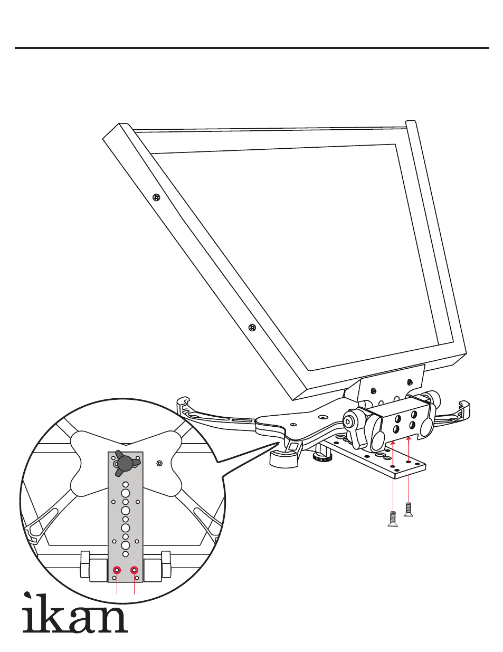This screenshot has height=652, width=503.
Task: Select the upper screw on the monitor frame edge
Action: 156,197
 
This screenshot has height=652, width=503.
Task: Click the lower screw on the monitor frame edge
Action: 252,328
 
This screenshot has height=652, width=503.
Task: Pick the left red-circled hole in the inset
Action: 117,570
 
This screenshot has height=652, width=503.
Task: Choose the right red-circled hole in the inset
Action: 134,570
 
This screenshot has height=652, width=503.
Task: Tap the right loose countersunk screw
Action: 408,510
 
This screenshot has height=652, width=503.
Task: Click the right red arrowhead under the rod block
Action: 409,439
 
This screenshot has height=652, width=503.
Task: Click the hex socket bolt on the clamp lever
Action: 349,422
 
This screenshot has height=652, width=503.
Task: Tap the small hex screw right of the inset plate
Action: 160,463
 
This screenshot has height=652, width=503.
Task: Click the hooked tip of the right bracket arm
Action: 464,405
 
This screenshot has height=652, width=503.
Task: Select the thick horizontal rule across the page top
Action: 252,48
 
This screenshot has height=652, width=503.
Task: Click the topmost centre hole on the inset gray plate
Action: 126,485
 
